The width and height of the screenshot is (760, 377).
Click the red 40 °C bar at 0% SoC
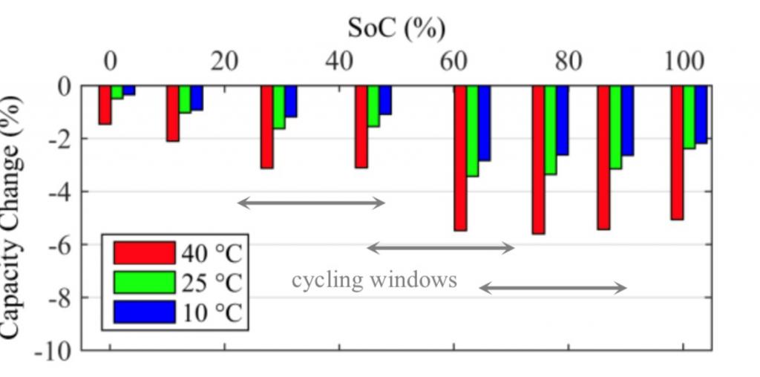pyautogui.click(x=105, y=105)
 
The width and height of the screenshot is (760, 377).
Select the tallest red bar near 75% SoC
pyautogui.click(x=538, y=160)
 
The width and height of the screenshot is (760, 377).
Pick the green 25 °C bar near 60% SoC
pyautogui.click(x=473, y=131)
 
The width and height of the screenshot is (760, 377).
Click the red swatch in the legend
pyautogui.click(x=144, y=253)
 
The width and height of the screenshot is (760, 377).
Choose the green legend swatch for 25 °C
pyautogui.click(x=144, y=283)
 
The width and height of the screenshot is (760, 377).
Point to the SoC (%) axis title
pyautogui.click(x=397, y=28)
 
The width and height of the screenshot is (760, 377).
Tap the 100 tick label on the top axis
pyautogui.click(x=684, y=61)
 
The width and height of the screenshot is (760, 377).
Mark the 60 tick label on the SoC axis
pyautogui.click(x=453, y=61)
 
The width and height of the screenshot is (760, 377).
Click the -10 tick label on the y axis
pyautogui.click(x=55, y=351)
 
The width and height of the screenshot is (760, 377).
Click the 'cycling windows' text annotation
pyautogui.click(x=374, y=280)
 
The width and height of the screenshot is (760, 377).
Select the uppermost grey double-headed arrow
pyautogui.click(x=311, y=202)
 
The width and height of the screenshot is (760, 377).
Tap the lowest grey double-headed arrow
pyautogui.click(x=553, y=288)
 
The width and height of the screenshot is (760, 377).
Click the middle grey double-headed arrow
pyautogui.click(x=441, y=248)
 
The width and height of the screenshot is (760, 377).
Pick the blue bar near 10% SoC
pyautogui.click(x=197, y=98)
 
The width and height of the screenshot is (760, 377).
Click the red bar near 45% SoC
pyautogui.click(x=361, y=126)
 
